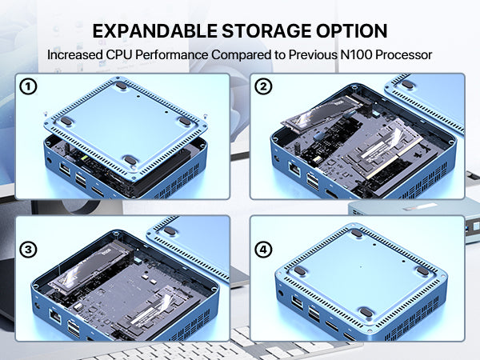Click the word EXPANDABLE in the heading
click(x=155, y=31)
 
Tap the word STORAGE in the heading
click(x=266, y=31)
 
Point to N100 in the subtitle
click(x=356, y=54)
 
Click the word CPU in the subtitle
click(x=119, y=54)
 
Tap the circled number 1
click(x=28, y=86)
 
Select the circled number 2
click(x=263, y=86)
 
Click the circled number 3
click(x=28, y=250)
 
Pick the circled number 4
click(x=263, y=250)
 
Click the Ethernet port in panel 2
click(x=294, y=170)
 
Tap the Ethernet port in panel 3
click(x=55, y=317)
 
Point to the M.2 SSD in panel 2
click(x=321, y=114)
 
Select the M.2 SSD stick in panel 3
click(x=91, y=266)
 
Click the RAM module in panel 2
click(x=382, y=151)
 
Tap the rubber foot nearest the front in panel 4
click(x=366, y=313)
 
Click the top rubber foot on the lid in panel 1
click(x=122, y=86)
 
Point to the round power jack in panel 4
click(x=281, y=294)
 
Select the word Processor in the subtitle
click(x=403, y=54)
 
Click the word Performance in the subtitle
click(x=172, y=54)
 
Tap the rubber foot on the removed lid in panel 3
click(x=170, y=231)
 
